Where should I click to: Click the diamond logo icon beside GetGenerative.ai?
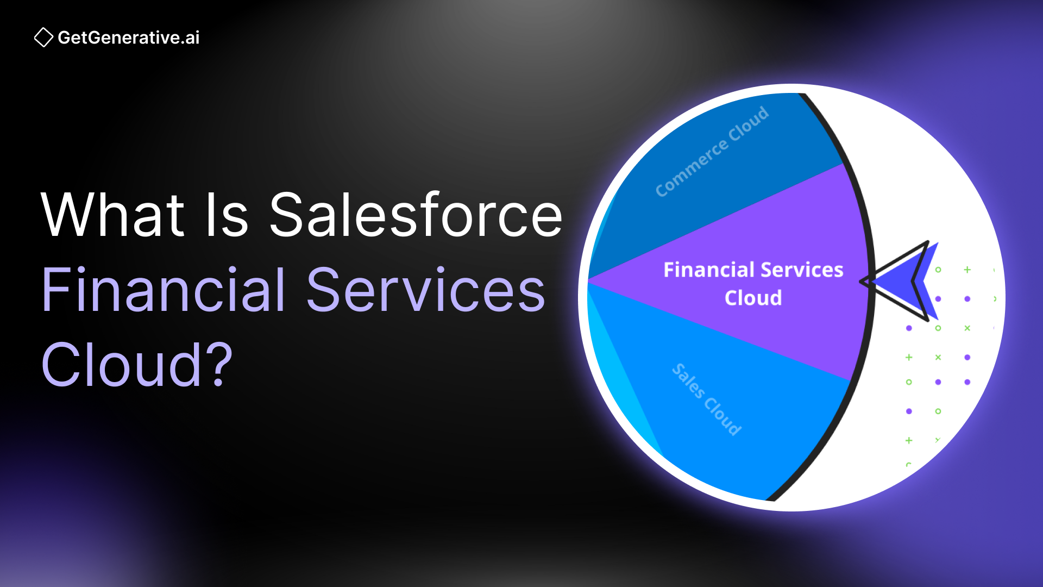(43, 38)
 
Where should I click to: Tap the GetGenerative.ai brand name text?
(129, 38)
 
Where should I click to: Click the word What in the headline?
(113, 215)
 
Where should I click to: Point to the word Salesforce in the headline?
(416, 215)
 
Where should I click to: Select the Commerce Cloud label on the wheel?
(712, 152)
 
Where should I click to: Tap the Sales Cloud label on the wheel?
(707, 399)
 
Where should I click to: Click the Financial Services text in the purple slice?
(753, 270)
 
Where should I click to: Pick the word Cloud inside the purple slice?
(753, 298)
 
